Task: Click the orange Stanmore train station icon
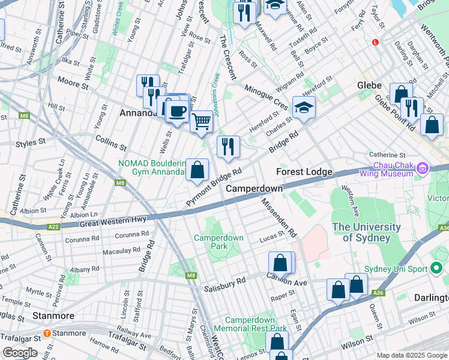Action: tap(47, 333)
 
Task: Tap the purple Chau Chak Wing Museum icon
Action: tap(423, 169)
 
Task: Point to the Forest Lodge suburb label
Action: tap(304, 172)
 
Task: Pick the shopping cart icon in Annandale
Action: tap(202, 121)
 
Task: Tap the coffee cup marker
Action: tap(176, 110)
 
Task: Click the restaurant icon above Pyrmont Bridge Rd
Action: tap(228, 146)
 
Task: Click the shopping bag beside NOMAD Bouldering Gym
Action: tap(197, 170)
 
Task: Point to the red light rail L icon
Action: tap(376, 43)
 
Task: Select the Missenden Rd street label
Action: tap(279, 217)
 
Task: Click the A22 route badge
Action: tap(54, 226)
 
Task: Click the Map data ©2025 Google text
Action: tap(411, 355)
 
